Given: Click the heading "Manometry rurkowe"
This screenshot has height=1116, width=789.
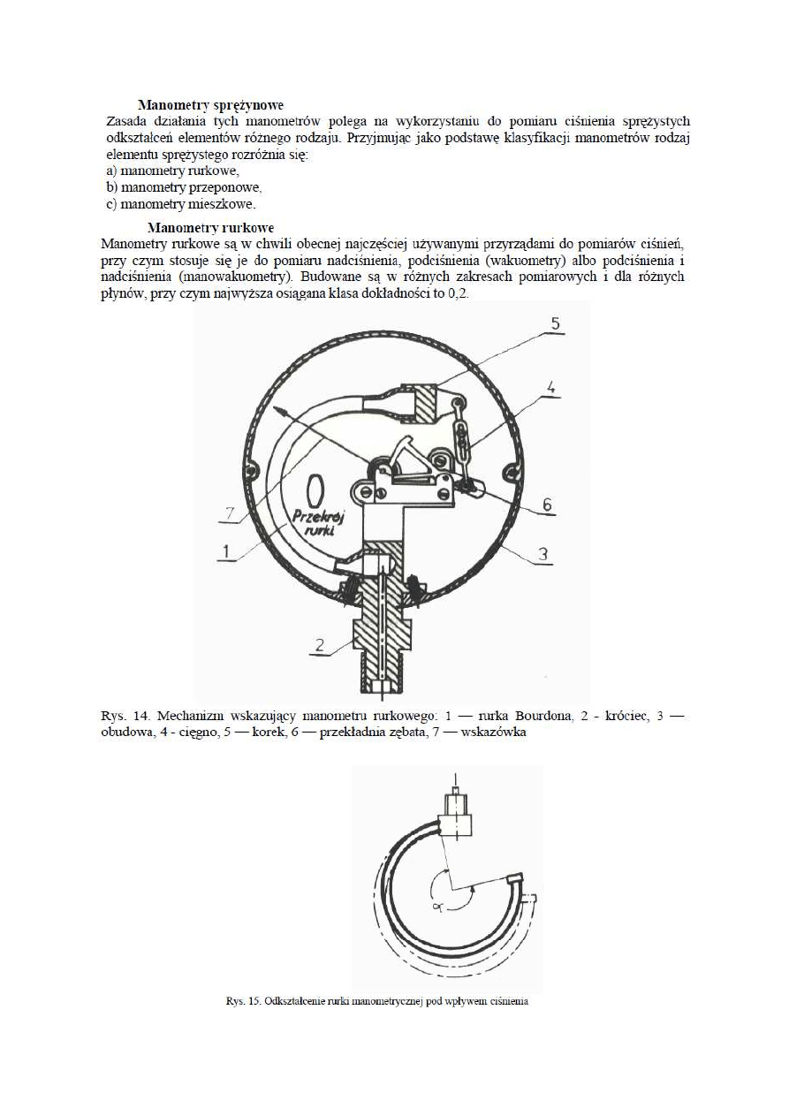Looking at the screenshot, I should [210, 227].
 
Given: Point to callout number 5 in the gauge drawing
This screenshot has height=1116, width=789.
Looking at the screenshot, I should [555, 323].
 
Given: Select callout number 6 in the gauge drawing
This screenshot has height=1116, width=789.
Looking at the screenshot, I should [547, 505].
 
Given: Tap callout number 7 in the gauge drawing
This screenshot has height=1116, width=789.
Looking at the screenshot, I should [231, 512].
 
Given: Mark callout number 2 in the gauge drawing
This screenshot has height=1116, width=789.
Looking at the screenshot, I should [324, 647].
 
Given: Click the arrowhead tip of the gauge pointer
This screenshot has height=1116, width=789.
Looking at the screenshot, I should [276, 407].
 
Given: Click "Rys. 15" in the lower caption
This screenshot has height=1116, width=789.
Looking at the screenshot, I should [239, 1002].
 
